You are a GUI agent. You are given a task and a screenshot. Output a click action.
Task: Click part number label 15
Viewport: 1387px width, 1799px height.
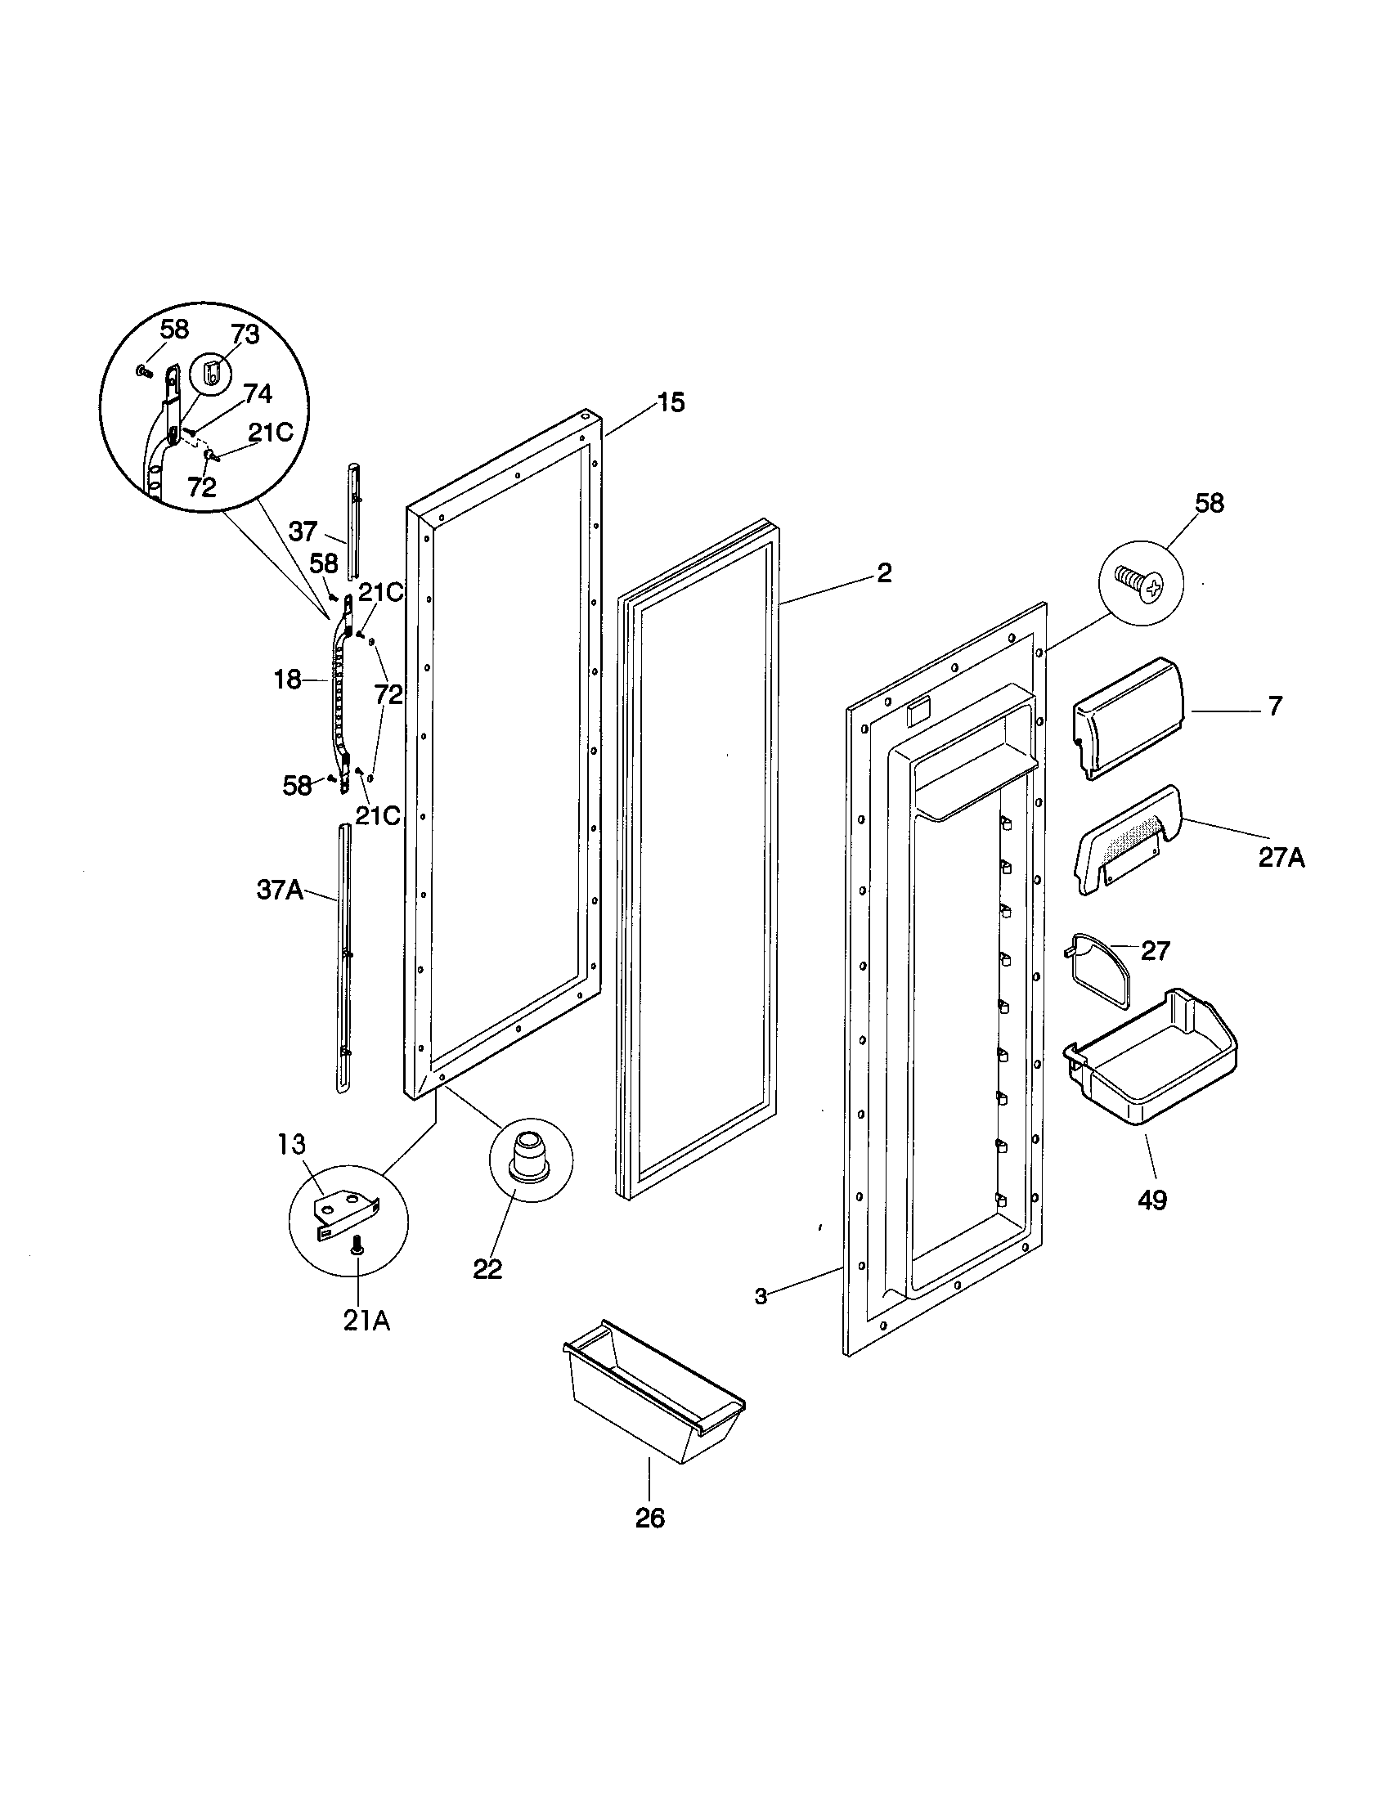(671, 403)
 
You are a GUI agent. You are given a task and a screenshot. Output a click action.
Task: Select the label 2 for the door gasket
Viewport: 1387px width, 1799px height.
(883, 573)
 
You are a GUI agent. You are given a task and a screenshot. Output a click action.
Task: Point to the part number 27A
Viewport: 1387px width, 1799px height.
(1281, 859)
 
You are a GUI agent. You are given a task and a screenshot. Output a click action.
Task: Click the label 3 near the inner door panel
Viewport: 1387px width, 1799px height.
(761, 1297)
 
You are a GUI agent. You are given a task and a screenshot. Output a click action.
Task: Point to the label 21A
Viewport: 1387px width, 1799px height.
(366, 1321)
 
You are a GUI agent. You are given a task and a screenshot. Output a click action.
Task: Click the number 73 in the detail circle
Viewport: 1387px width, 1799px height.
(245, 334)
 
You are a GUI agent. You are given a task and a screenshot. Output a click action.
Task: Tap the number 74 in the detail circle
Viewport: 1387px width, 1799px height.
(257, 394)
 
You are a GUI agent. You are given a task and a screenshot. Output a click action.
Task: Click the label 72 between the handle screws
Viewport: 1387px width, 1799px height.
(388, 694)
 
